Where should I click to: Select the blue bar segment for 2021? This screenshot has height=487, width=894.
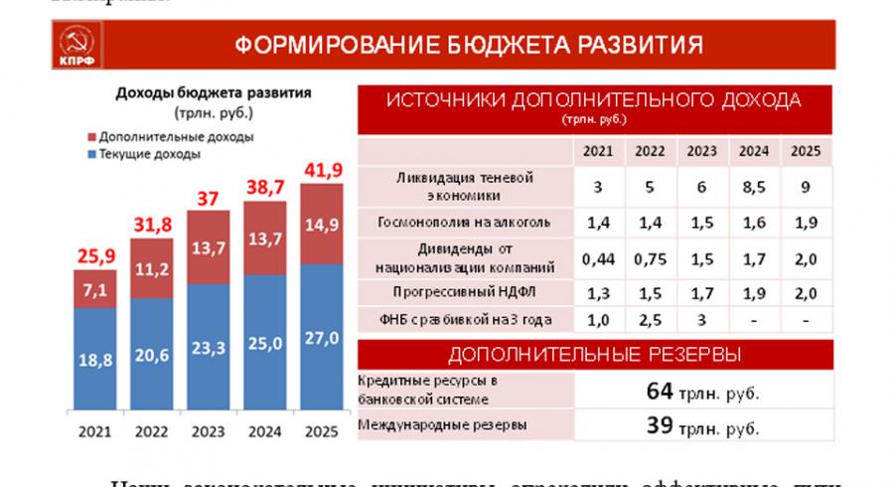pos(94,360)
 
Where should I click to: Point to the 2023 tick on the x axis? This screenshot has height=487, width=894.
pos(210,431)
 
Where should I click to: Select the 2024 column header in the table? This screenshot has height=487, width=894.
pos(751,152)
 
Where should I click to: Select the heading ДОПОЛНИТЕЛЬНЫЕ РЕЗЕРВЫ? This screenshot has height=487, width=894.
pos(594,355)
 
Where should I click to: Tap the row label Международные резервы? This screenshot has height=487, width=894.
pos(429,426)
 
